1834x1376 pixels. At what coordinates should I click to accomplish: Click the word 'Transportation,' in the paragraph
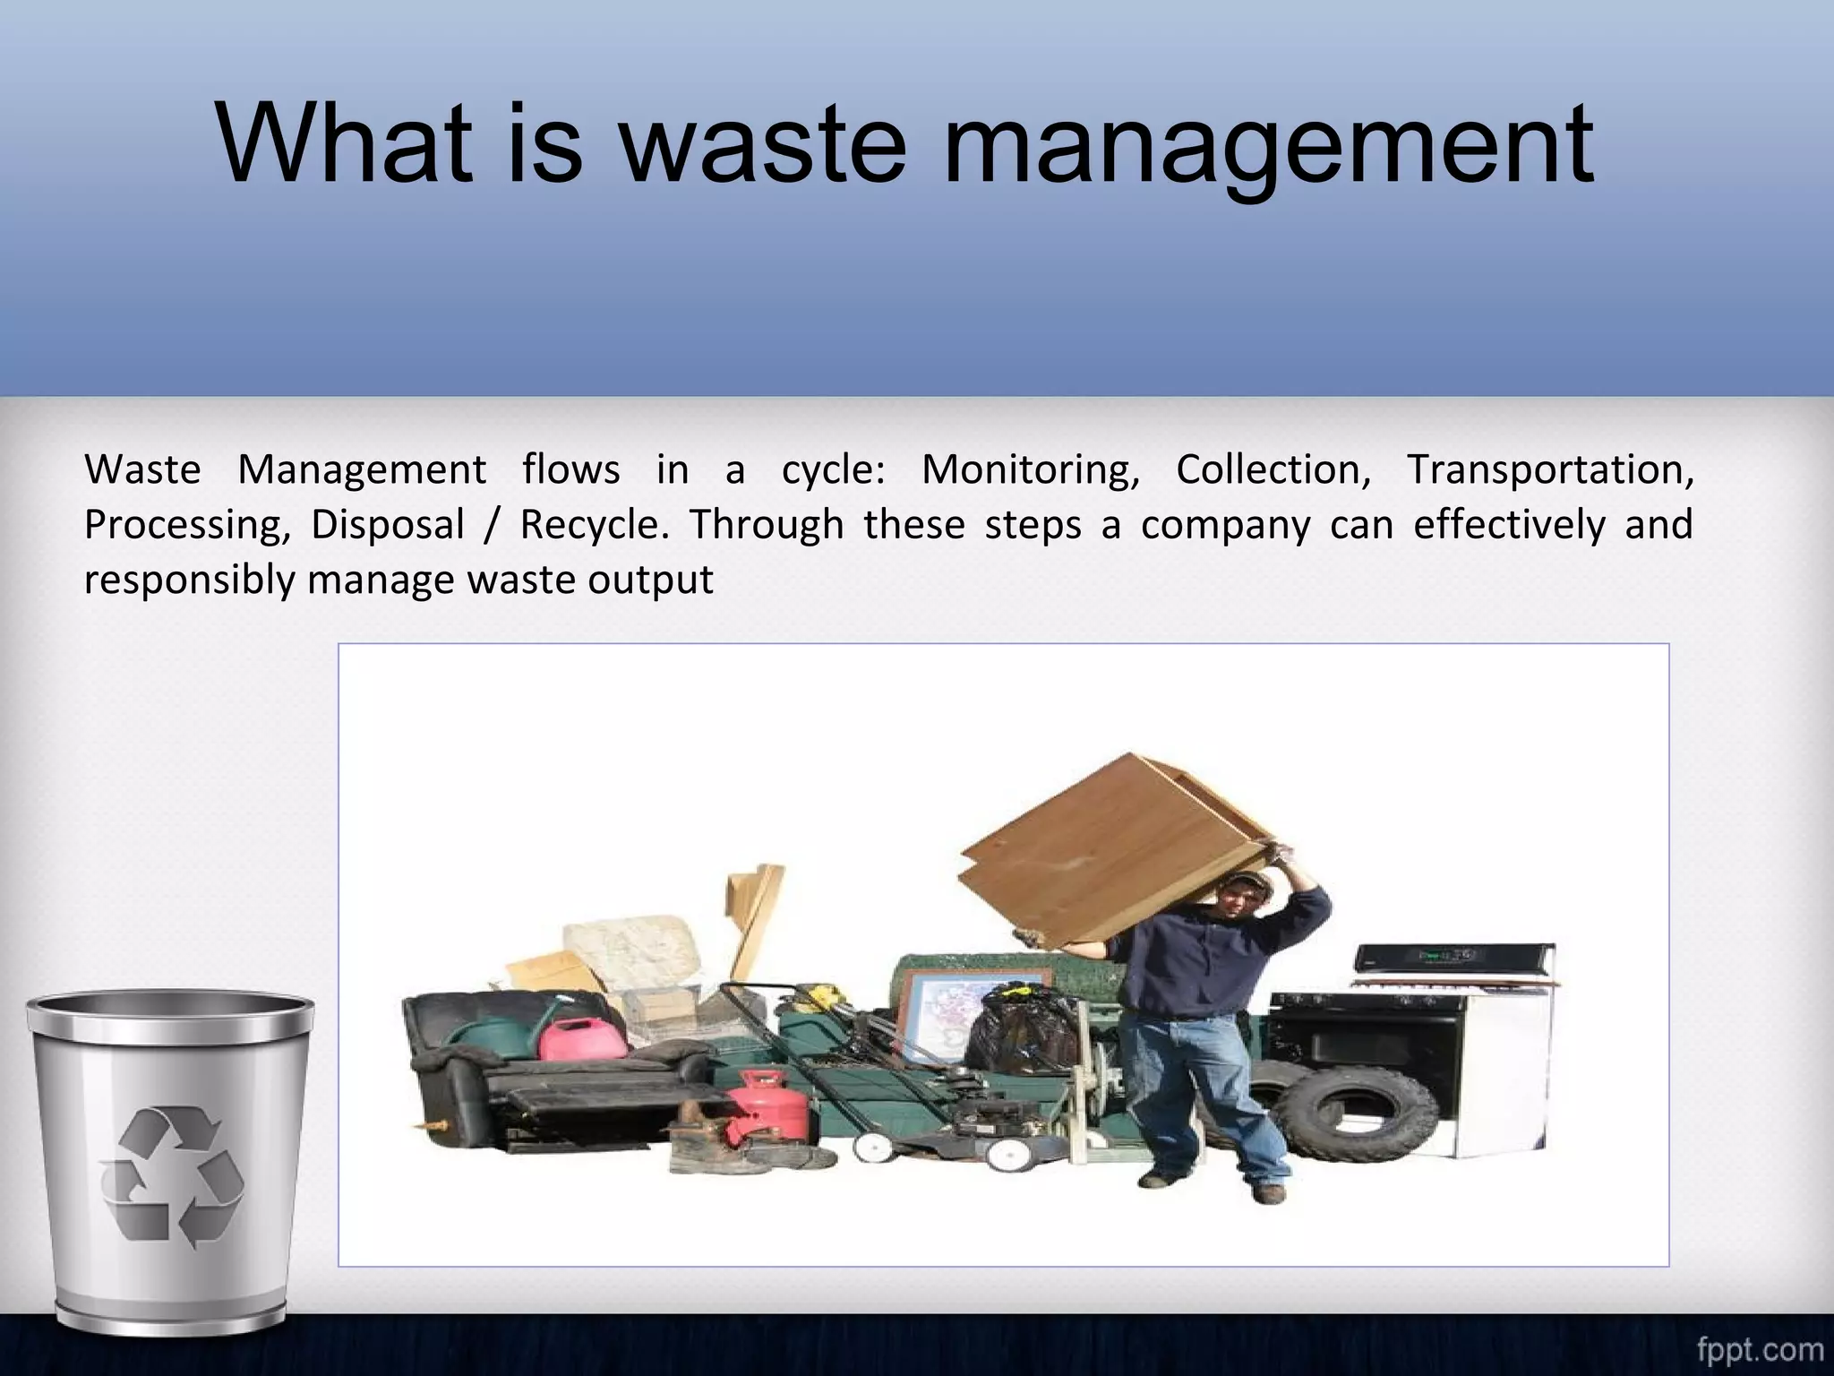[1550, 469]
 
